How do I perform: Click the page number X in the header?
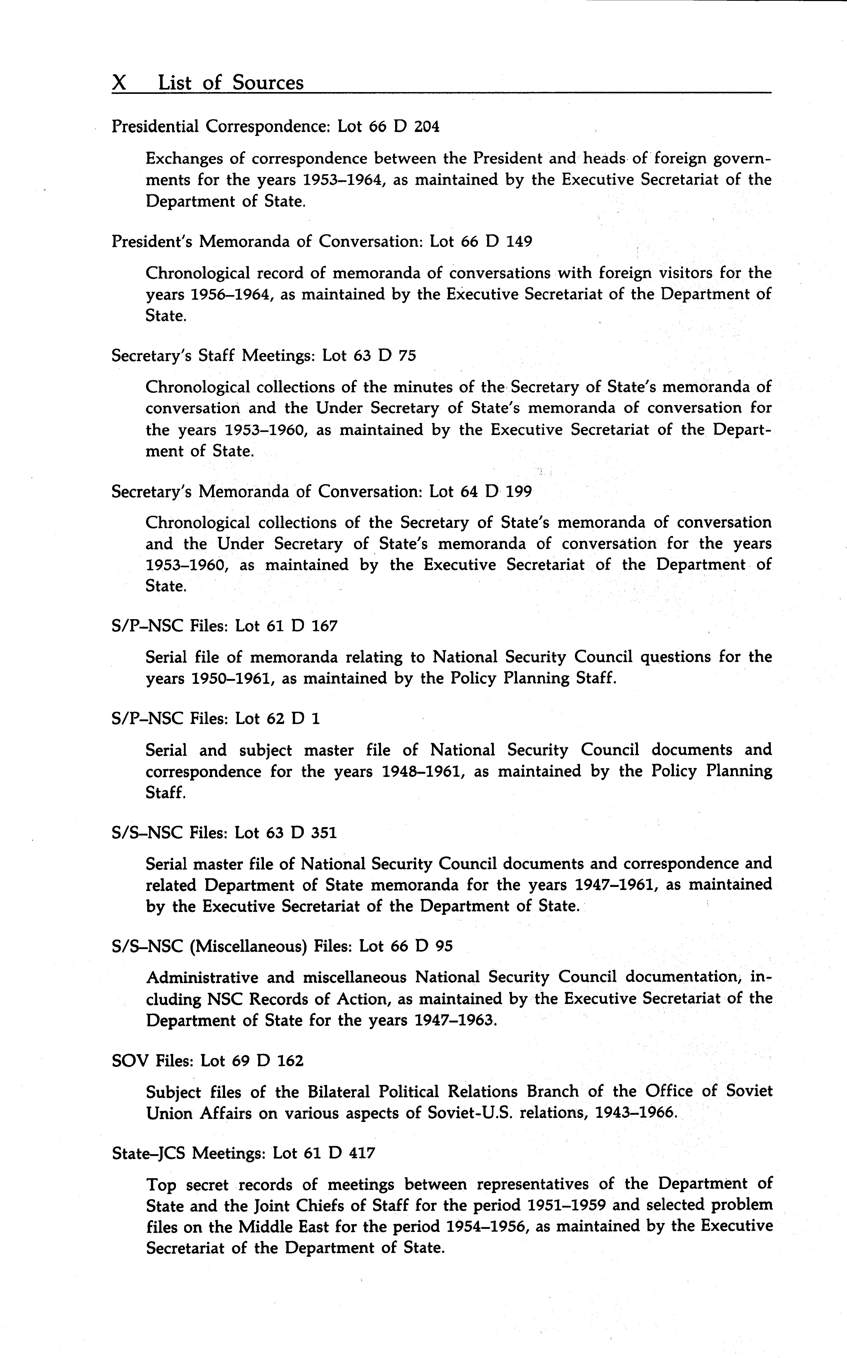(119, 83)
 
